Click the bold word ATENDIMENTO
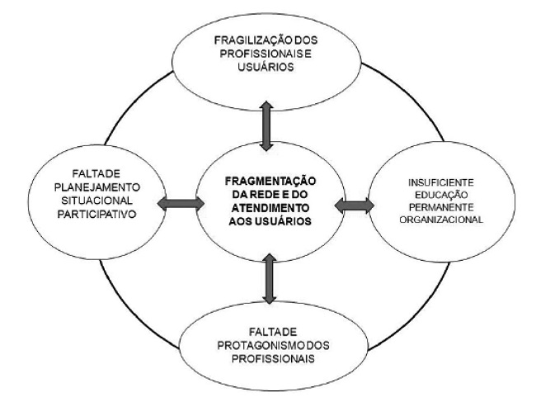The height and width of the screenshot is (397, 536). click(269, 209)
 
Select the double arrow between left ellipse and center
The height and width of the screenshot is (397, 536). click(176, 203)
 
